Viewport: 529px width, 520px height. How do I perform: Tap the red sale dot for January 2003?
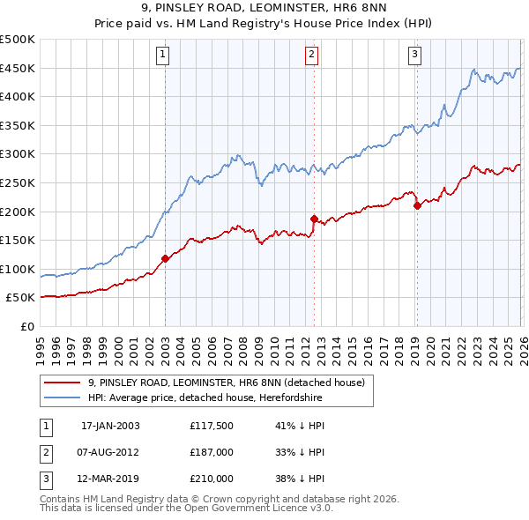pyautogui.click(x=165, y=258)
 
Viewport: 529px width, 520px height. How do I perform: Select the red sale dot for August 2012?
pyautogui.click(x=314, y=218)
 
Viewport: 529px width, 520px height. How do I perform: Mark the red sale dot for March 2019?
pyautogui.click(x=417, y=206)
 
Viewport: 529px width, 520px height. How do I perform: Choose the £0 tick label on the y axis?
pyautogui.click(x=26, y=326)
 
